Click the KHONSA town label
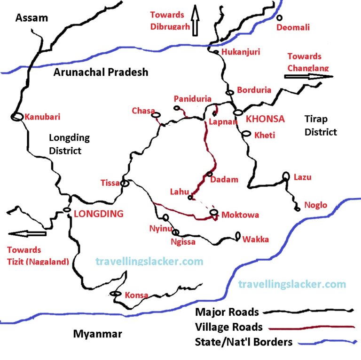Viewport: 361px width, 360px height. [265, 119]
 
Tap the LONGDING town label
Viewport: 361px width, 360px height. [99, 214]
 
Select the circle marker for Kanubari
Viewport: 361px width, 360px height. [17, 117]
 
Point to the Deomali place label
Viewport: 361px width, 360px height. [293, 27]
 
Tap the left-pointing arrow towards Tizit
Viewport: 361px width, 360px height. [28, 233]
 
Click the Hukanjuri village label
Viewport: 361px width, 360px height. [240, 52]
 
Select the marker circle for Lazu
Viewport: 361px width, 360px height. [285, 176]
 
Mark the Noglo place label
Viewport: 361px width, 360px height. [316, 205]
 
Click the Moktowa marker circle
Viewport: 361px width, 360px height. [214, 212]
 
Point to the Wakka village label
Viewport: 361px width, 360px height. [256, 240]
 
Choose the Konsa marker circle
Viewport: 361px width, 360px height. [114, 294]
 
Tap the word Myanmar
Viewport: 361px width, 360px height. [97, 334]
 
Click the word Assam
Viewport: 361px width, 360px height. [31, 18]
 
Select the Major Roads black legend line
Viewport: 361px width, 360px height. [308, 312]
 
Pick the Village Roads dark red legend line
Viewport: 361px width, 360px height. [308, 326]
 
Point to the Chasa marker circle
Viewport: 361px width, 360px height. [156, 114]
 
